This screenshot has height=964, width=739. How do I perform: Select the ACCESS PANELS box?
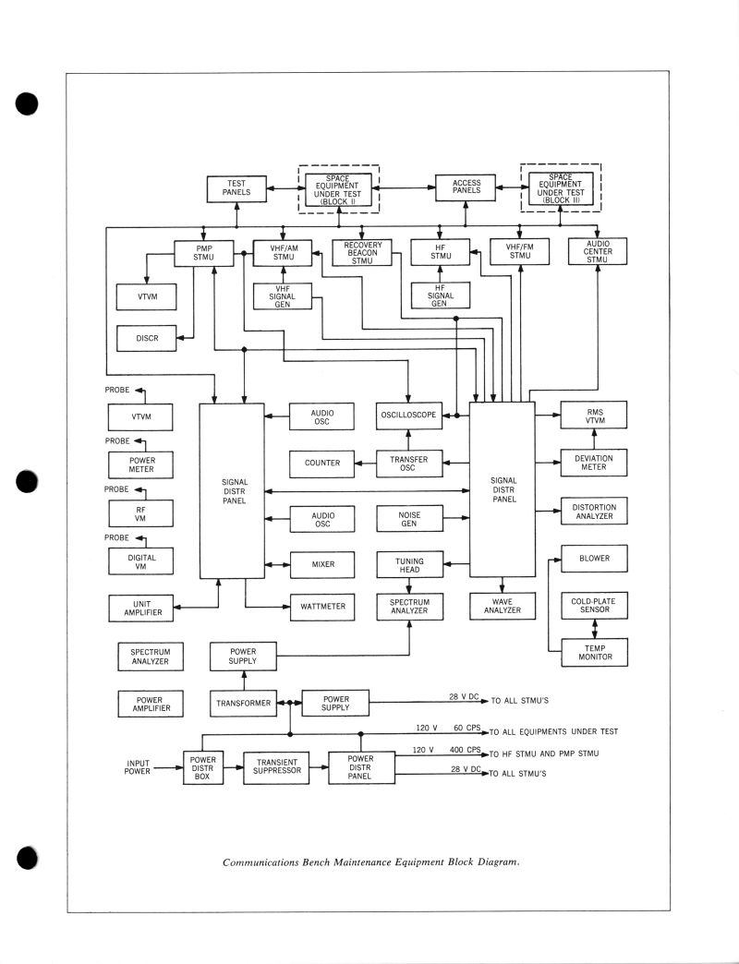tap(466, 187)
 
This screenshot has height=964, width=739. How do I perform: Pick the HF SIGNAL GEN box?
tap(440, 295)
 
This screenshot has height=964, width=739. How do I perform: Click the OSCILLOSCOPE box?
tap(408, 416)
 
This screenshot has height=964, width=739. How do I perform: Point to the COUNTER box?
tap(322, 463)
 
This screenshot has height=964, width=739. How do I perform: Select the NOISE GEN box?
tap(409, 518)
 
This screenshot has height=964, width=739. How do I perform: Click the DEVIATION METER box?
tap(593, 462)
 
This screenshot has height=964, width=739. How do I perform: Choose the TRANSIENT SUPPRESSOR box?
tap(277, 766)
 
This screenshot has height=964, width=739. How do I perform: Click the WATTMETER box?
tap(322, 607)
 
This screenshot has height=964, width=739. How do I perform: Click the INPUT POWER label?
tap(137, 766)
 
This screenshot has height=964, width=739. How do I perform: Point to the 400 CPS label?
tap(467, 750)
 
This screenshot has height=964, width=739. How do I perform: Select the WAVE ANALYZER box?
tap(503, 606)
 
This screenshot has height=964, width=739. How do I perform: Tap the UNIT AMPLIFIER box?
tap(141, 607)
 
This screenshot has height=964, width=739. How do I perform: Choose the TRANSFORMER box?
tap(244, 703)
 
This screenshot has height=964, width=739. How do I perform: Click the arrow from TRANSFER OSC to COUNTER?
tap(365, 463)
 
